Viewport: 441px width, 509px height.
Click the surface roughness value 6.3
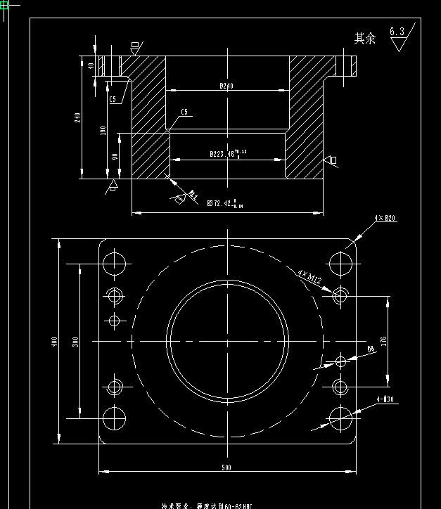pyautogui.click(x=397, y=32)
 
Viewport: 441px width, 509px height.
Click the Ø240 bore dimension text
pyautogui.click(x=226, y=86)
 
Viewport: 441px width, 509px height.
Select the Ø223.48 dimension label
pyautogui.click(x=226, y=153)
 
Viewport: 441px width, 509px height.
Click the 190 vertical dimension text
pyautogui.click(x=103, y=131)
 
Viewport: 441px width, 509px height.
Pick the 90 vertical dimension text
pyautogui.click(x=115, y=156)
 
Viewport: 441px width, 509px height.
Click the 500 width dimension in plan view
pyautogui.click(x=226, y=468)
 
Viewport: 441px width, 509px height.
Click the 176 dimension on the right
pyautogui.click(x=383, y=341)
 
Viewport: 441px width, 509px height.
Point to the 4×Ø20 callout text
pyautogui.click(x=385, y=219)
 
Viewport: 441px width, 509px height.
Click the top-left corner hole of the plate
pyautogui.click(x=114, y=264)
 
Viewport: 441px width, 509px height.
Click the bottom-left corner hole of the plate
pyautogui.click(x=114, y=418)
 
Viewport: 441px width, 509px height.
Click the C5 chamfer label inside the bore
pyautogui.click(x=185, y=112)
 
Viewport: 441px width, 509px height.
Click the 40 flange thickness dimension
pyautogui.click(x=91, y=65)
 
